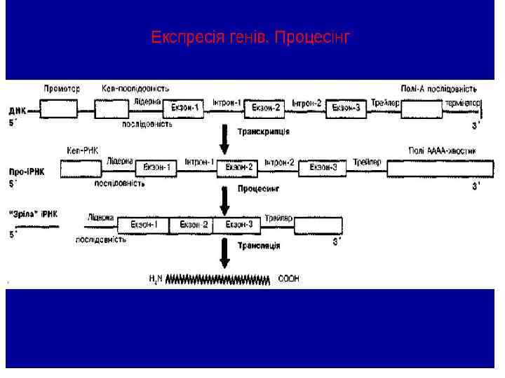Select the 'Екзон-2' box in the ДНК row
point(265,108)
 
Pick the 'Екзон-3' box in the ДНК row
point(346,108)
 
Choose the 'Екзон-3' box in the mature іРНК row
point(238,225)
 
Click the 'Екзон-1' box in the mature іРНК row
point(143,225)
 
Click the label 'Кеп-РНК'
point(82,150)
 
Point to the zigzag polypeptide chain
point(217,279)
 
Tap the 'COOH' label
point(288,279)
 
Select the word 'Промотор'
point(62,89)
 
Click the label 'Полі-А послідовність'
point(439,89)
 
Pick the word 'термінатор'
point(462,103)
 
